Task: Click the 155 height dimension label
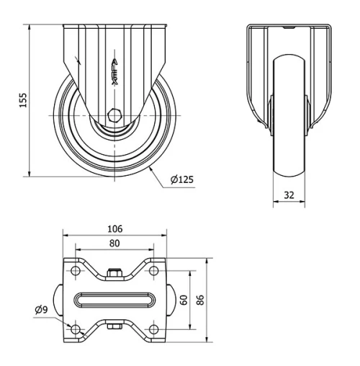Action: tap(23, 100)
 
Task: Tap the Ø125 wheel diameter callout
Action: tap(182, 179)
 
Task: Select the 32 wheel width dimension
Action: tap(289, 195)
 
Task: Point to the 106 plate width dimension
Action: tap(114, 228)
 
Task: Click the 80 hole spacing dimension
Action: tap(114, 244)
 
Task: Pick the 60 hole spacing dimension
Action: tap(184, 300)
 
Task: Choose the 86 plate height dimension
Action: tap(200, 300)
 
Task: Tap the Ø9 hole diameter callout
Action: tap(41, 310)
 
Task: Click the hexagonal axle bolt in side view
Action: tap(115, 115)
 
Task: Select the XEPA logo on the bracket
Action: tap(115, 71)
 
